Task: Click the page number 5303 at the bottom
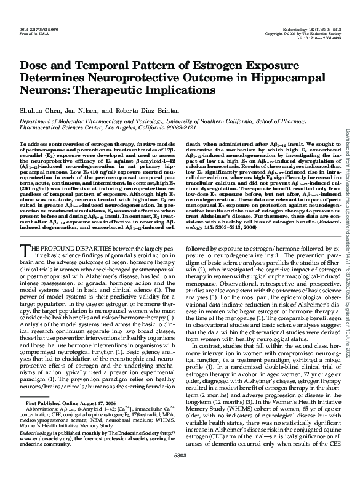tap(180, 472)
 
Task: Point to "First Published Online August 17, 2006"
tap(71, 420)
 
